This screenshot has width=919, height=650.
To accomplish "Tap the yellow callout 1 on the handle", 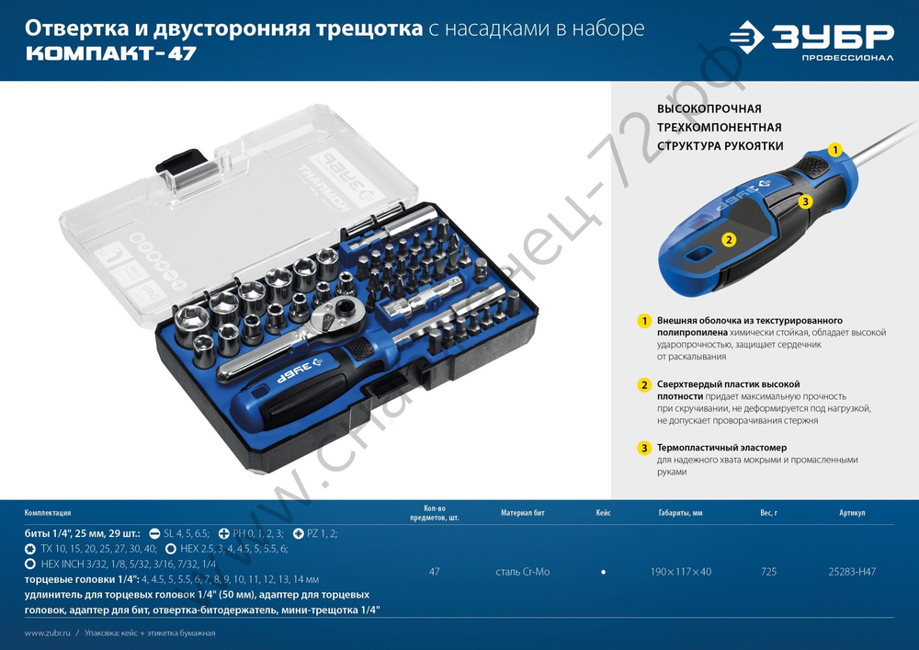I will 835,149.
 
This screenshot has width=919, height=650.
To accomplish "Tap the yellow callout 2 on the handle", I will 728,240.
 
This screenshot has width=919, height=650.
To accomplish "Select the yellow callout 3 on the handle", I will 804,200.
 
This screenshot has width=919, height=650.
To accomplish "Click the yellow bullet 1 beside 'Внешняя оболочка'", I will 645,321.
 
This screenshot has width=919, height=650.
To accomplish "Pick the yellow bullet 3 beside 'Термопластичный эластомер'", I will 645,448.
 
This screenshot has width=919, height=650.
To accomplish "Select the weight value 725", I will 768,572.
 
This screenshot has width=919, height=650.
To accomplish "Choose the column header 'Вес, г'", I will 768,513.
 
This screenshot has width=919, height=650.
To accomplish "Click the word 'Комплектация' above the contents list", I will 48,513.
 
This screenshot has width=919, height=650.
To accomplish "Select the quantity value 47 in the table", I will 434,572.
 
